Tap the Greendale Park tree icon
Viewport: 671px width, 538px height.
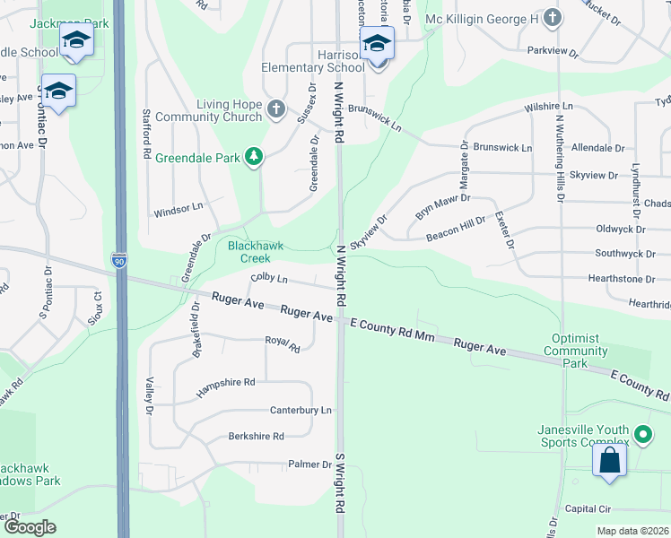click(255, 158)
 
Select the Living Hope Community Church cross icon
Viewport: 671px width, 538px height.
click(276, 110)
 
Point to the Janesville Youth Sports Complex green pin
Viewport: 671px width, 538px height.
click(642, 435)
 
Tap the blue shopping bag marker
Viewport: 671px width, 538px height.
click(609, 460)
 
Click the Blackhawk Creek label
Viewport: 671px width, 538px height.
click(248, 251)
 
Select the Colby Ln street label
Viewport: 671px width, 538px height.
click(269, 279)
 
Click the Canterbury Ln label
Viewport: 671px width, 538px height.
click(301, 410)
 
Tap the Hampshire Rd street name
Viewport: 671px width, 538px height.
click(225, 382)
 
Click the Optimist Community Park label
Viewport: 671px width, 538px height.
click(575, 357)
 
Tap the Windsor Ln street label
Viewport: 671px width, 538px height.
click(179, 209)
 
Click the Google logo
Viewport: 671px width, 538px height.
click(30, 527)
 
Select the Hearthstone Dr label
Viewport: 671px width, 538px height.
click(628, 279)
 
